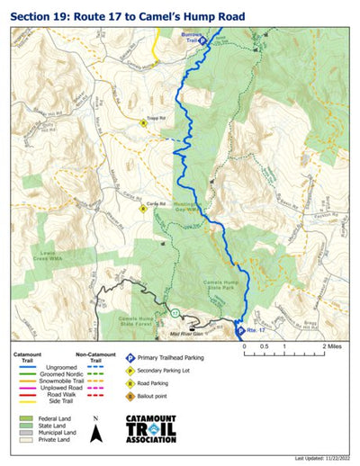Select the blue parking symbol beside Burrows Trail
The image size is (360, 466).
[x=202, y=40]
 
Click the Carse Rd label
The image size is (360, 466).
[x=151, y=203]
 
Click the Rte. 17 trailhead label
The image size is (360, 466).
[x=256, y=329]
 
